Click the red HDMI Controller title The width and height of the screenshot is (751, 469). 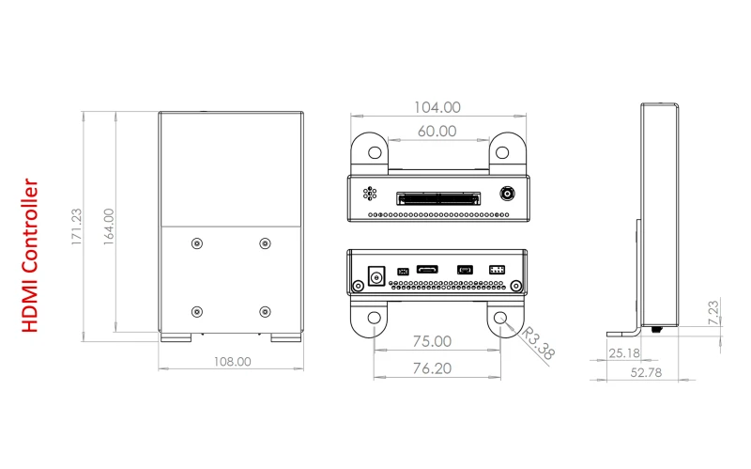coord(30,256)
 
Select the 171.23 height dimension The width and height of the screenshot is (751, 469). coord(76,227)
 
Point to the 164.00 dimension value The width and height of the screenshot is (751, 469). coord(109,227)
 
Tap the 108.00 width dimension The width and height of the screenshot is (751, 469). coord(232,362)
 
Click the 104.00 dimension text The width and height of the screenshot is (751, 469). coord(437,107)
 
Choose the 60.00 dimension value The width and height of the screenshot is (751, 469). coord(437,131)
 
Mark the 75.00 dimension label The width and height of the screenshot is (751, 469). coord(432,341)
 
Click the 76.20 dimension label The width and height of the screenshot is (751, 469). coord(432,368)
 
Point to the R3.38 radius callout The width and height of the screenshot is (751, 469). coord(538,343)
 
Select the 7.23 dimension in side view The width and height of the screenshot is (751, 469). coord(713,312)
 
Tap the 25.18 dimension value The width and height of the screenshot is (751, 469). coord(624,353)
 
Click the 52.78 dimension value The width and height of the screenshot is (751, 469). coord(646,372)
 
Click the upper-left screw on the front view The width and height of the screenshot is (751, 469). coord(197,243)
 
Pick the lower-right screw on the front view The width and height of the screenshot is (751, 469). coord(265,312)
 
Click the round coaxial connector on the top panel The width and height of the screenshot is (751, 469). coord(507,194)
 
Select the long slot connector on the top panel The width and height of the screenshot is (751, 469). coord(438,198)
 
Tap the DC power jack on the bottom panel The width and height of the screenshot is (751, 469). coord(376,276)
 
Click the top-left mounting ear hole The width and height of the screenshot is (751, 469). coord(375,152)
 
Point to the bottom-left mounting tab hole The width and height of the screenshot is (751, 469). coord(374,318)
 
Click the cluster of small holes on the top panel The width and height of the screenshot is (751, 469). coord(370,194)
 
